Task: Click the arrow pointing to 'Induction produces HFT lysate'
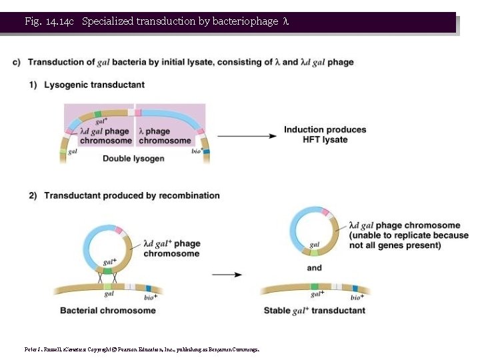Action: [x=247, y=136]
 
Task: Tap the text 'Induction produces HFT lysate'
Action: [x=325, y=134]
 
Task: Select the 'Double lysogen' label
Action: [x=131, y=159]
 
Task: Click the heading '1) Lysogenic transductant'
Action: [x=94, y=85]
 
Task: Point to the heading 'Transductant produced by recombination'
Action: [x=131, y=195]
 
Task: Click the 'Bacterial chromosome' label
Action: [x=108, y=311]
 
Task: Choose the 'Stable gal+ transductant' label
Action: [x=315, y=311]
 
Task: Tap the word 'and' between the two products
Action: [x=315, y=268]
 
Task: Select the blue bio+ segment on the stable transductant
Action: [x=355, y=289]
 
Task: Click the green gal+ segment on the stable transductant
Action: [x=315, y=287]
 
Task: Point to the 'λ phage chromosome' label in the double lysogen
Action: [x=165, y=136]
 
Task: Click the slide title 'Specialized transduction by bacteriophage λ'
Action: [x=185, y=21]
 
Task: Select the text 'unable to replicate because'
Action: [x=409, y=235]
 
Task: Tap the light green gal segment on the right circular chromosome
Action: [x=315, y=252]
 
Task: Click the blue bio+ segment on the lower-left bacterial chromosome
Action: [x=149, y=288]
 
